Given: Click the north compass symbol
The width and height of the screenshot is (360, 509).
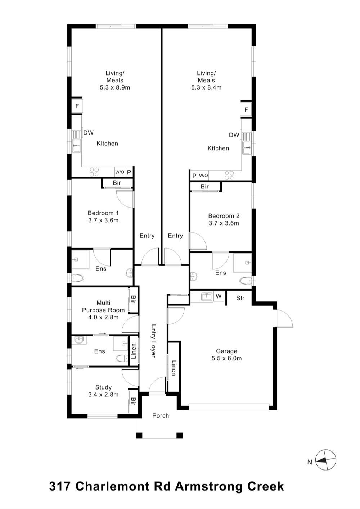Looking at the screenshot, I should (326, 460).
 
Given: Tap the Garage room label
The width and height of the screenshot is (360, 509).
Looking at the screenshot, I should (226, 351).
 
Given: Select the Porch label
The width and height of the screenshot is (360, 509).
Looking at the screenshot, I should (161, 415).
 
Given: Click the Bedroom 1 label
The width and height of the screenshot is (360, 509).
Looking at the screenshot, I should (103, 213).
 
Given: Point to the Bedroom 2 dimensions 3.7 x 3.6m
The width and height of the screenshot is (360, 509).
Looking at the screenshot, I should (224, 223).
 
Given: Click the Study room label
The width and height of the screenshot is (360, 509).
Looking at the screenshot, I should (103, 387).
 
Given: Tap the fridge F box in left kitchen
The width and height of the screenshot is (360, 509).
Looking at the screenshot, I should (77, 106).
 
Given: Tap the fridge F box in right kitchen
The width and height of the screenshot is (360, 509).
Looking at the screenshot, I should (246, 109).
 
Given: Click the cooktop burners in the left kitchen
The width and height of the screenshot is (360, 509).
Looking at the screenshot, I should (94, 172).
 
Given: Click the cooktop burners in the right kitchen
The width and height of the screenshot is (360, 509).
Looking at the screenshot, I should (229, 175).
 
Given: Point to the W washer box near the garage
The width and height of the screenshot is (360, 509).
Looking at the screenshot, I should (219, 296).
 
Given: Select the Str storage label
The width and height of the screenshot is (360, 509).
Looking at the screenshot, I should (240, 298).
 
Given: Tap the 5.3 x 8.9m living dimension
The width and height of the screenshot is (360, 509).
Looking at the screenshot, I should (115, 87).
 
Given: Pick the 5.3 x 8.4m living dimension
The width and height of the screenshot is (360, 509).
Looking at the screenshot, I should (206, 87).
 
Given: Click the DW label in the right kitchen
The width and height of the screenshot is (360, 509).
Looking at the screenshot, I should (234, 135).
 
